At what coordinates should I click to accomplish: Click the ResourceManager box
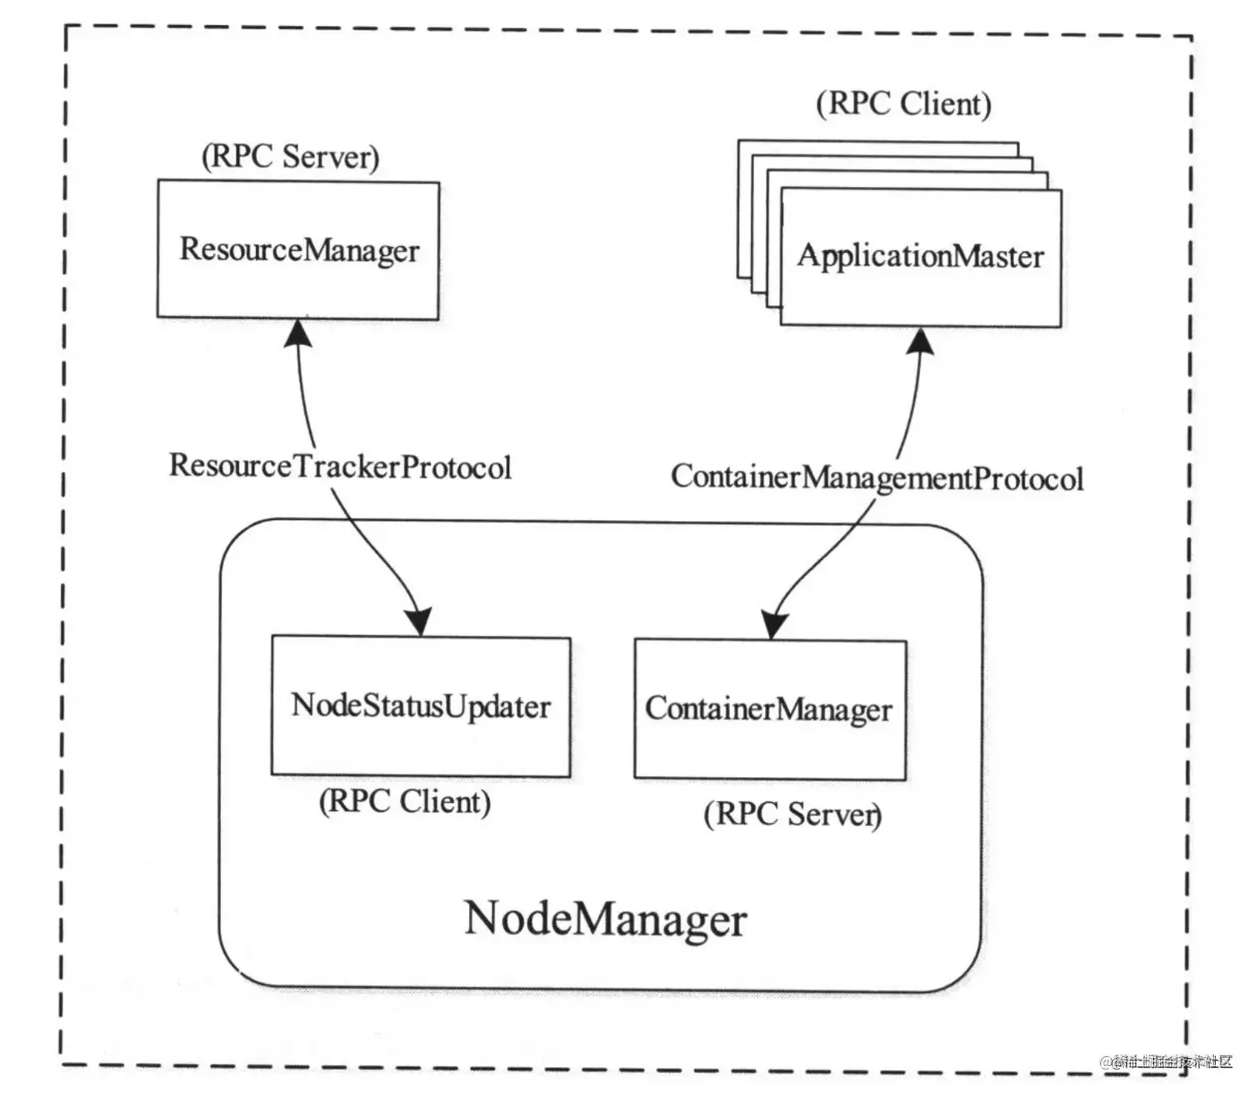click(298, 250)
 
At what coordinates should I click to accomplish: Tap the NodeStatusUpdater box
click(421, 707)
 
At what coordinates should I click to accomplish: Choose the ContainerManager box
click(769, 709)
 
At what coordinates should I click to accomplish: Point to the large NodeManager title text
click(605, 920)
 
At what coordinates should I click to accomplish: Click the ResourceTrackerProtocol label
click(340, 467)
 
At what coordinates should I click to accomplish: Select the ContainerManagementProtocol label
click(877, 478)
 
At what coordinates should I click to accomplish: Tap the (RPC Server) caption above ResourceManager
click(291, 157)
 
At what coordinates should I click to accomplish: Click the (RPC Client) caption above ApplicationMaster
click(904, 104)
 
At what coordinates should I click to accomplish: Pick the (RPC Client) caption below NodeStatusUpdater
click(405, 802)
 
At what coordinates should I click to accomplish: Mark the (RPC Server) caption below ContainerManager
click(793, 814)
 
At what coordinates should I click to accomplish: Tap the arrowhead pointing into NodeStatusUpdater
click(419, 622)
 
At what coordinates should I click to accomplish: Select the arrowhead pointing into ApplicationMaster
click(921, 341)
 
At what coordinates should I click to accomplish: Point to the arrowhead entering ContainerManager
click(774, 624)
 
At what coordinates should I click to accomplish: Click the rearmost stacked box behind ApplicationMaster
click(875, 147)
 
